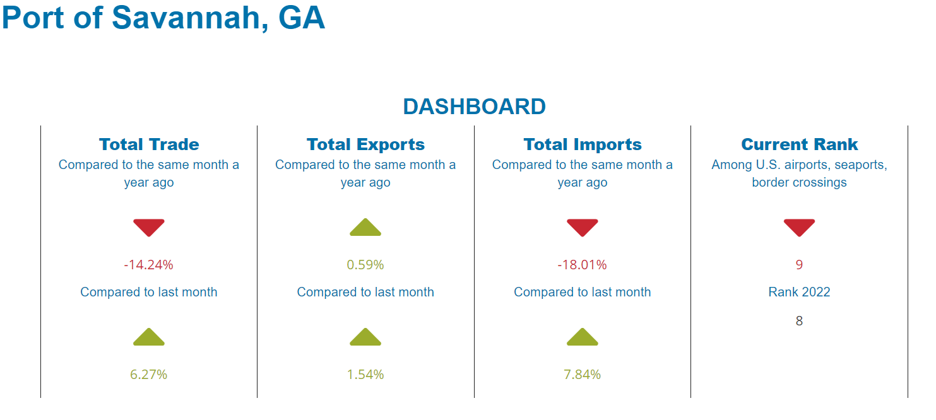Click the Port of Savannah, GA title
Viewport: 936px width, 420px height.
pos(163,18)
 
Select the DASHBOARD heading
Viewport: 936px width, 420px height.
pos(474,107)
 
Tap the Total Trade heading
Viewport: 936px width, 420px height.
pos(149,144)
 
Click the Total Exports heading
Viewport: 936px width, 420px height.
pos(365,144)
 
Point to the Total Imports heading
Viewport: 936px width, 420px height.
pos(583,144)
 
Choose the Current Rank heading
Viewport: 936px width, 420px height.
pos(799,144)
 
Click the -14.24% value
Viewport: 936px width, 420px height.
pos(148,265)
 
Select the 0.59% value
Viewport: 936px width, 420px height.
pos(365,265)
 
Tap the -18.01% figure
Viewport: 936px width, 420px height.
pos(582,265)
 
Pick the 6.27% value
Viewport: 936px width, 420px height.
pos(148,375)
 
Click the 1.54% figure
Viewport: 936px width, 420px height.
pos(365,375)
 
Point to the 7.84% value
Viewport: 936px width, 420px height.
pos(582,375)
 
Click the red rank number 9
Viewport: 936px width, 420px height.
pos(799,265)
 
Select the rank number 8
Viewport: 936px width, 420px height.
pos(799,321)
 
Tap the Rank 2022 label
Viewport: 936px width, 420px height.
pos(799,292)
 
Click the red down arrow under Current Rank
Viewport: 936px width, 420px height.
pos(799,227)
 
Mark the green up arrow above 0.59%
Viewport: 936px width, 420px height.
pos(365,228)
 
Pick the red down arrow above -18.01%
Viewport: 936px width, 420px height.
pos(582,227)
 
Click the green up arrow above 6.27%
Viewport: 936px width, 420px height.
pos(148,337)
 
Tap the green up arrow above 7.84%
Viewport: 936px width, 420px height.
pos(582,337)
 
